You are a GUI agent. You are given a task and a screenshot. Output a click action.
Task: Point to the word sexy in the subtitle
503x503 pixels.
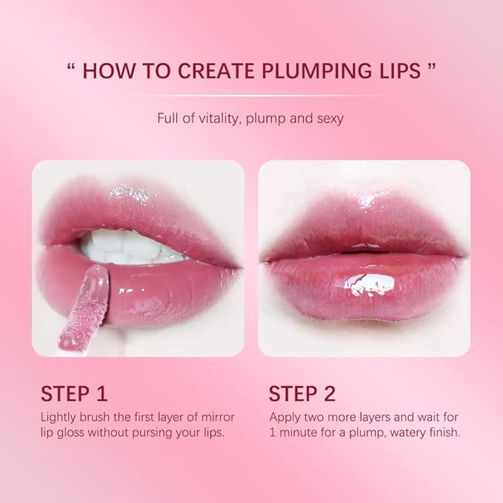tap(330, 118)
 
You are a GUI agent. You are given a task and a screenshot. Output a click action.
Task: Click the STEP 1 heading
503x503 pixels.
tap(74, 393)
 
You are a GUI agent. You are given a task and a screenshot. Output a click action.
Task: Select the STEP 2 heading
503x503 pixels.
tap(302, 393)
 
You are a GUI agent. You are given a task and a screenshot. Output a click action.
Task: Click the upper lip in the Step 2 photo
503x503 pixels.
tap(363, 222)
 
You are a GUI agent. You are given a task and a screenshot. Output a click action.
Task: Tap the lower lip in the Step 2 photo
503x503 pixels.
tap(363, 289)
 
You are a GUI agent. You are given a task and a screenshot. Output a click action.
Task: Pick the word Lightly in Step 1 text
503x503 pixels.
tap(59, 416)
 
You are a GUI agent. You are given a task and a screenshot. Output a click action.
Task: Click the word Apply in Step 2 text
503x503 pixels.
tap(284, 416)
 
